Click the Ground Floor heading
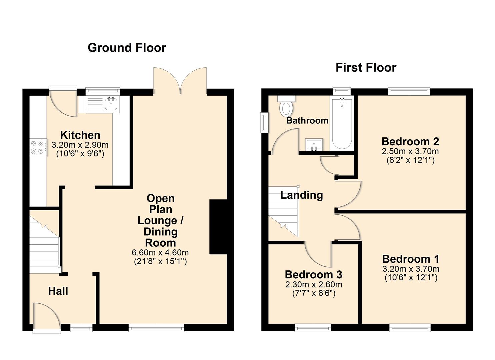[x=127, y=48]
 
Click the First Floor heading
[x=366, y=68]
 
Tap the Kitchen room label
[x=80, y=135]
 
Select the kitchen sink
[x=111, y=103]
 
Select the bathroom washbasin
[x=314, y=144]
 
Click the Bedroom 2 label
[x=410, y=141]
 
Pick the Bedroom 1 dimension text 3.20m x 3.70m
[x=410, y=269]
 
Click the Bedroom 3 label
[x=313, y=275]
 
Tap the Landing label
[x=301, y=195]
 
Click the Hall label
[x=58, y=291]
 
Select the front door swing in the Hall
[x=47, y=317]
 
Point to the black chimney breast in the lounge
[x=218, y=227]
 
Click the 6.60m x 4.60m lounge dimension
[x=160, y=252]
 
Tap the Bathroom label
[x=307, y=120]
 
